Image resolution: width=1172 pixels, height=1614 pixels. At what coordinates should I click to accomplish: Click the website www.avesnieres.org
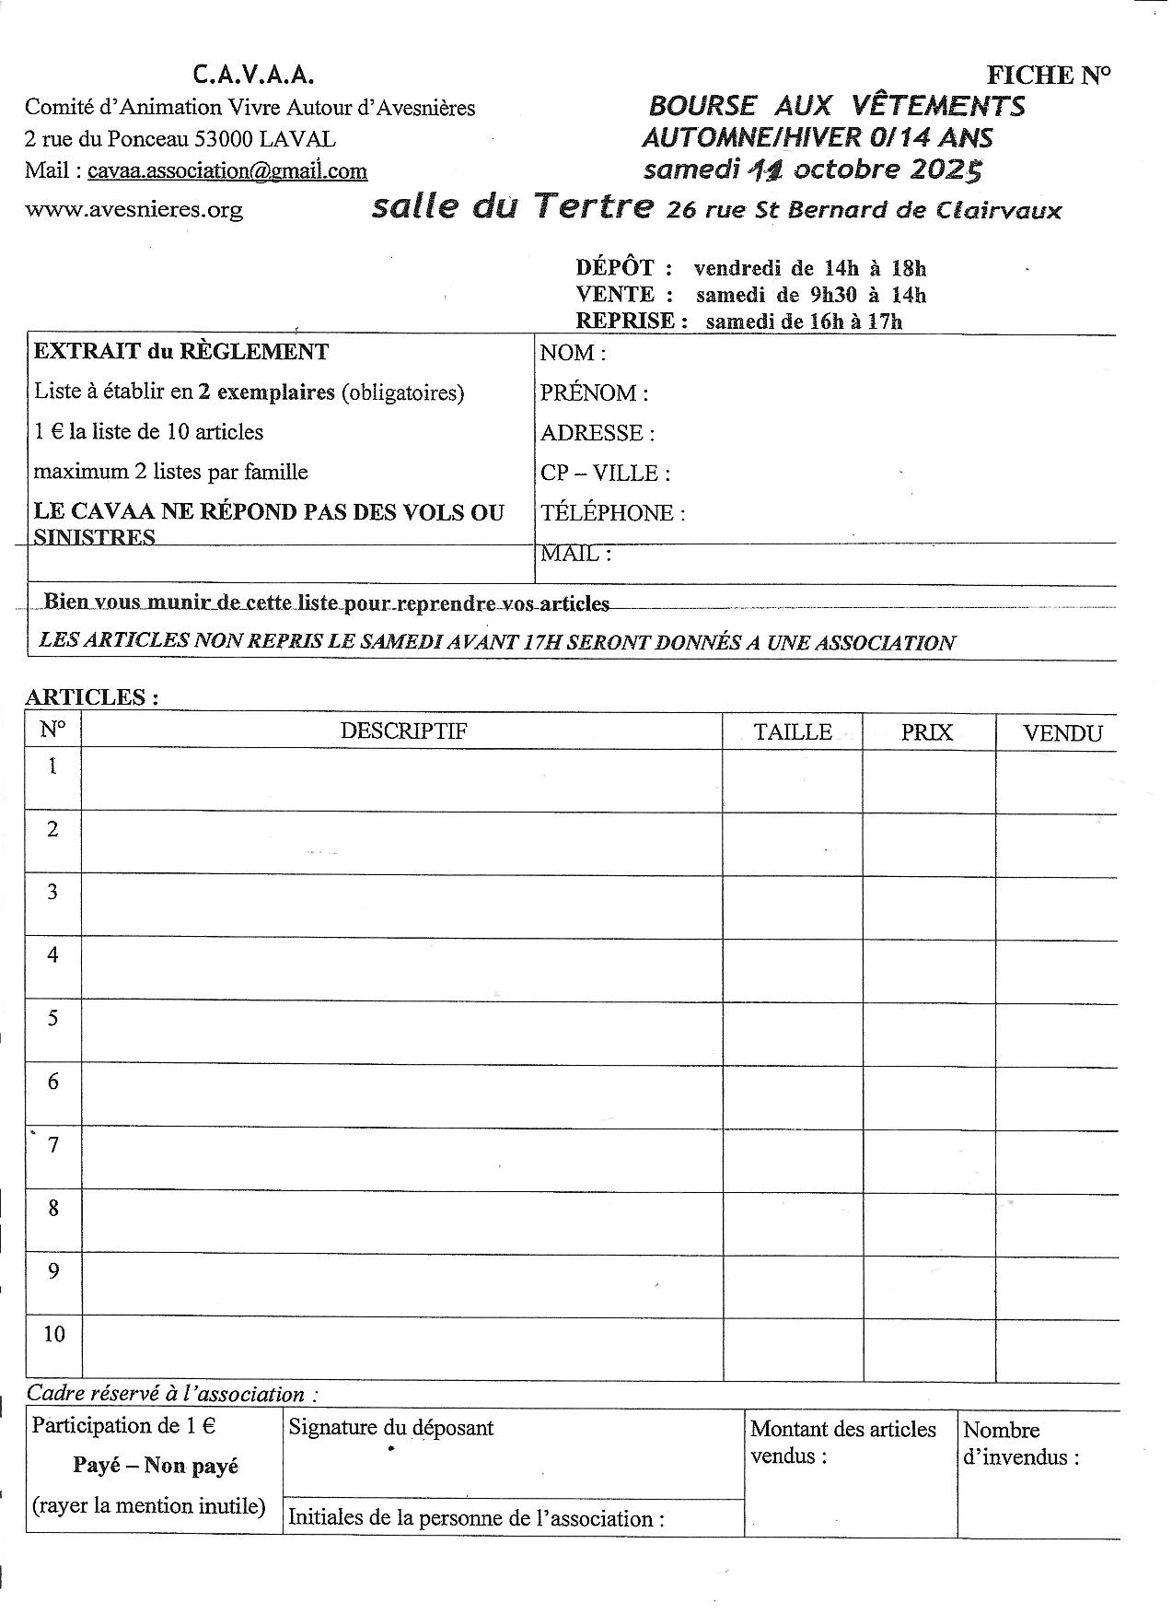click(x=133, y=209)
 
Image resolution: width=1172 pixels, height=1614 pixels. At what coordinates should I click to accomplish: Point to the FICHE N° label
click(x=1048, y=76)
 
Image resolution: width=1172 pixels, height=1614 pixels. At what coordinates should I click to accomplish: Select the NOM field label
click(x=572, y=353)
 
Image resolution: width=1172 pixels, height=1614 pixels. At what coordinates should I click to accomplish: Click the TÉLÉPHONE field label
click(x=612, y=513)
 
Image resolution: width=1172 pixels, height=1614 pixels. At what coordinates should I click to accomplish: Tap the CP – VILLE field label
click(x=605, y=474)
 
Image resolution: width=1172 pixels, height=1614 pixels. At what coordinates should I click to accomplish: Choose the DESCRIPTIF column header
click(x=403, y=731)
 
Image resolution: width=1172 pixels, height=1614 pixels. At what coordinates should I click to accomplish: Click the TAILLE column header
click(x=793, y=732)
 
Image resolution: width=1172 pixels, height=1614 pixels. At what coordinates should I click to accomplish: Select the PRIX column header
click(x=927, y=733)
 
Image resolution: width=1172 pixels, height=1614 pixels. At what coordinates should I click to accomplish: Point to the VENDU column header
click(x=1062, y=734)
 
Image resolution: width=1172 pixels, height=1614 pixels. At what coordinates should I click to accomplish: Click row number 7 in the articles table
click(x=53, y=1145)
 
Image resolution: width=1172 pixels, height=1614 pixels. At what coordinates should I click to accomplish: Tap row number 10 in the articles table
click(x=54, y=1334)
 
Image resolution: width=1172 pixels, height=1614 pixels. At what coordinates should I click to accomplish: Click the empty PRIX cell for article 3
click(x=928, y=906)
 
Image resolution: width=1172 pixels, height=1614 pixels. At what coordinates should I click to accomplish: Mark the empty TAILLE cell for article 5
click(x=793, y=1032)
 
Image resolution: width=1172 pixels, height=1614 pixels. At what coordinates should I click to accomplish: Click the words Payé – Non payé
click(x=156, y=1466)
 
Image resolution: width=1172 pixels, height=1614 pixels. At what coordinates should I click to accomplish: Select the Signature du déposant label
click(x=391, y=1428)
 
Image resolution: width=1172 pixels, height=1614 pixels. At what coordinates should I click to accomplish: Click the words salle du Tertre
click(x=513, y=207)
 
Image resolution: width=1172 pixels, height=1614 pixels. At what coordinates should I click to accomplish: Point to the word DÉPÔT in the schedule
click(x=614, y=268)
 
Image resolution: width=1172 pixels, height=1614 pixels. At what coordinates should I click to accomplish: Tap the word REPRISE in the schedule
click(x=625, y=321)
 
